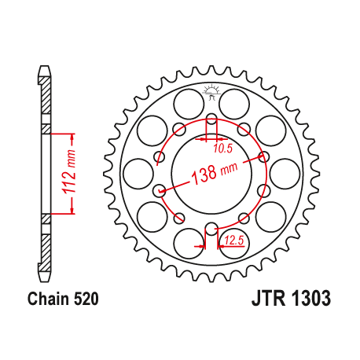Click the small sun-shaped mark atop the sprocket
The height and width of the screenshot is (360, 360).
(x=210, y=91)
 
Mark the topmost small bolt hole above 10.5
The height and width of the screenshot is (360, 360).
(x=210, y=120)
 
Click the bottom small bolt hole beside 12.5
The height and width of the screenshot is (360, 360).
(x=210, y=229)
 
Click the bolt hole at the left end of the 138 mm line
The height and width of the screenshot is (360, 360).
(x=160, y=189)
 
